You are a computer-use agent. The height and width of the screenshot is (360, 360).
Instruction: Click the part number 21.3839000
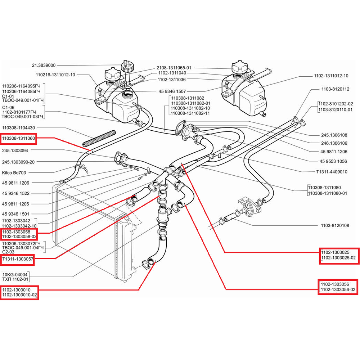[x=44, y=66]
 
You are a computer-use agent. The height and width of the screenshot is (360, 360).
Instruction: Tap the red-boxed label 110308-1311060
[x=18, y=138]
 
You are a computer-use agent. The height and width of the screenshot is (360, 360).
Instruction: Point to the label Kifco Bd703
[x=14, y=172]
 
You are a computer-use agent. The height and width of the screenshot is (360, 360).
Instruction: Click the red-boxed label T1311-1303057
[x=18, y=258]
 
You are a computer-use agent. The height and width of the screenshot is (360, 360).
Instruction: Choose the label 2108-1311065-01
[x=174, y=68]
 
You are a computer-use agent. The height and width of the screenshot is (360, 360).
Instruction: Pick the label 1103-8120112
[x=336, y=89]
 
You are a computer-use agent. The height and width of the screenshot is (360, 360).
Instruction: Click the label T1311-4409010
[x=332, y=172]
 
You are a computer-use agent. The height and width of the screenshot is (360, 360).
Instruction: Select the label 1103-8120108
[x=335, y=226]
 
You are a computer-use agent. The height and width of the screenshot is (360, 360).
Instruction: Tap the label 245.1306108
[x=334, y=135]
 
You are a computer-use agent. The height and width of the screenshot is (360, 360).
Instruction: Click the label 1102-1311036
[x=171, y=80]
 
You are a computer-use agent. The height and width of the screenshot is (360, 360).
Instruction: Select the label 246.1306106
[x=334, y=143]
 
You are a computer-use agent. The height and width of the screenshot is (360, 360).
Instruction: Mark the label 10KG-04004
[x=15, y=274]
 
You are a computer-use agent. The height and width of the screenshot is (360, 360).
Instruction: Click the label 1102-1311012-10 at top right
[x=331, y=76]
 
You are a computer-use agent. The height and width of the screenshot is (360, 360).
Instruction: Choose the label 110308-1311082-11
[x=190, y=113]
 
